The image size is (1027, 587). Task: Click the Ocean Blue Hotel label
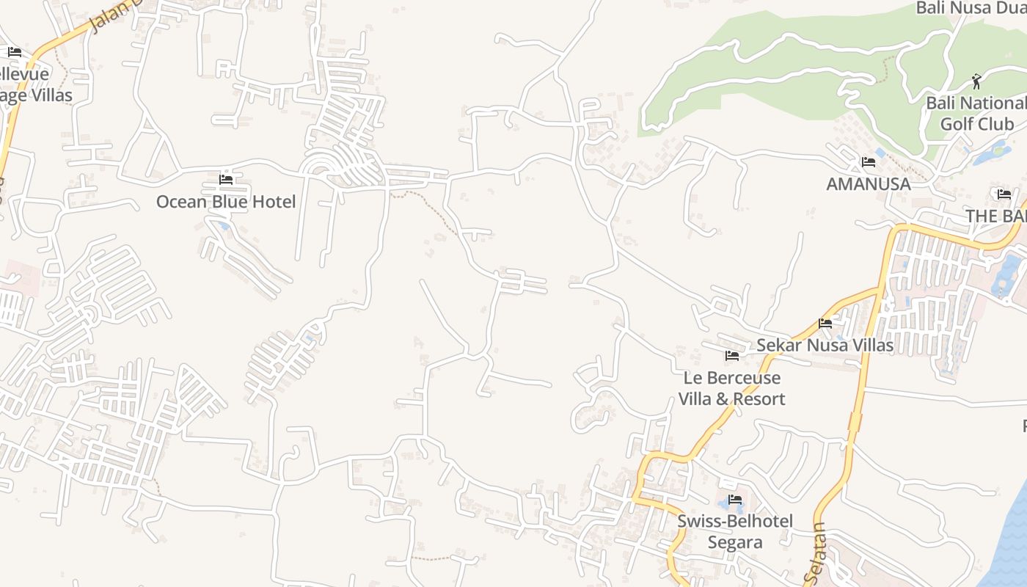tap(226, 202)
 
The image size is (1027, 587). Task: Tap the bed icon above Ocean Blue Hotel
tap(226, 179)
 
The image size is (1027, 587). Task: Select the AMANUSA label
tap(869, 184)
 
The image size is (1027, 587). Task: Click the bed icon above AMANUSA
tap(869, 161)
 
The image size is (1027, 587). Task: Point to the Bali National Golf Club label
tap(976, 114)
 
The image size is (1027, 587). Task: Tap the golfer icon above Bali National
tap(976, 80)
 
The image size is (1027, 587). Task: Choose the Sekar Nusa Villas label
tap(825, 345)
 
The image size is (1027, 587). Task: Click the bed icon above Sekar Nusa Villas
tap(825, 323)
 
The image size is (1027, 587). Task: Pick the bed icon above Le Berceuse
tap(731, 356)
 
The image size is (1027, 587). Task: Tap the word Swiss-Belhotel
tap(735, 522)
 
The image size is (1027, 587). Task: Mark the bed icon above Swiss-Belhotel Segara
tap(735, 500)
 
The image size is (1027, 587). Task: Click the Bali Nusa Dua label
tap(970, 8)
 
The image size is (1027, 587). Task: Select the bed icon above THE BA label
tap(1004, 194)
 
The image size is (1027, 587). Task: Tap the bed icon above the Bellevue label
tap(15, 52)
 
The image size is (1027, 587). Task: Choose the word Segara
tap(735, 542)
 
